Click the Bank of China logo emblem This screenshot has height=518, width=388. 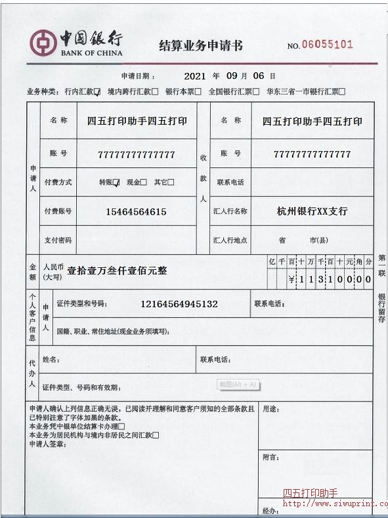(43, 43)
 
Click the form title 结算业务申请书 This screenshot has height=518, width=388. (201, 45)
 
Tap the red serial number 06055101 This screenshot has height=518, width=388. (328, 45)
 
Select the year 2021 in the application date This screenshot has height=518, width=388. (195, 76)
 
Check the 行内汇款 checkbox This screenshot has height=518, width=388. (98, 92)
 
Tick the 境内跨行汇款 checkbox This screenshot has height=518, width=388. (155, 92)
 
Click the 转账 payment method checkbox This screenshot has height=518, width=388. (116, 183)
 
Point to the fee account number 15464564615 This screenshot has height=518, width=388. (136, 211)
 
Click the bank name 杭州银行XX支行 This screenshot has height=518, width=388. (313, 211)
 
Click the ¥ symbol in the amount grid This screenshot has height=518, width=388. (291, 279)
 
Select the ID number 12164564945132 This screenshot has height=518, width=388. (179, 304)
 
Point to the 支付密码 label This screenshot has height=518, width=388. (58, 240)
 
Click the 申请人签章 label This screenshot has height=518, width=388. (47, 444)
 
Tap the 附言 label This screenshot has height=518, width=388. (270, 457)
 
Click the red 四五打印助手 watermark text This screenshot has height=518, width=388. (310, 493)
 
